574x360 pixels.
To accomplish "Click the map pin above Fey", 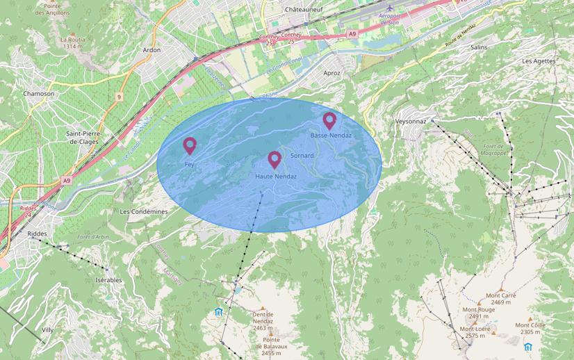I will (189, 146).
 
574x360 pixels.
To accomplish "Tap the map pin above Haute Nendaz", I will (274, 160).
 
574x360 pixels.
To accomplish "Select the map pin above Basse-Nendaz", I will (329, 121).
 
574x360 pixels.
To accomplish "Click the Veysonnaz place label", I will (410, 120).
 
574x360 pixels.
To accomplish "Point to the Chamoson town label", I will (38, 93).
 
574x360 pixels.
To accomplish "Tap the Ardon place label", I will (151, 50).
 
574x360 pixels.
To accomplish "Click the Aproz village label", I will (332, 73).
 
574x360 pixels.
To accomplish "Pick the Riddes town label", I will (37, 234).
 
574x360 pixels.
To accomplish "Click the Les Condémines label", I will (144, 211).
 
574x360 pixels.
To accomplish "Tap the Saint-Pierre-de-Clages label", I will (82, 137).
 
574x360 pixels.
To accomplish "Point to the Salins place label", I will (479, 47).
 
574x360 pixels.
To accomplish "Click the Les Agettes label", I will (539, 61).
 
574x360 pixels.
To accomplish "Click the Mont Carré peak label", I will (501, 295).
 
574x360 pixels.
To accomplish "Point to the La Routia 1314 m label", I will (73, 43).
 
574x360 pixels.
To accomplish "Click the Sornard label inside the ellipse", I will (302, 155).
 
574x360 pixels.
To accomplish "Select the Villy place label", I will (47, 330).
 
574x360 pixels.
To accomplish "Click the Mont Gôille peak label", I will (530, 325).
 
